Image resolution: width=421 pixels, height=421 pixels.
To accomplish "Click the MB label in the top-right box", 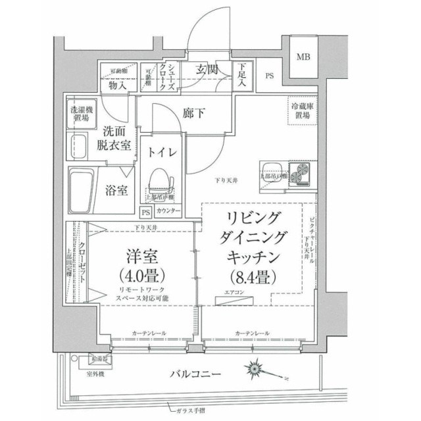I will [x=303, y=57].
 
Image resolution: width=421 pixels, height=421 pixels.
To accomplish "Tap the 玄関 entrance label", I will [x=207, y=70].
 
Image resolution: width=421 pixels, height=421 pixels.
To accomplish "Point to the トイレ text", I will [x=161, y=153].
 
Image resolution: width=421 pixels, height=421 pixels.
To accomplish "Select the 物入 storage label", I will [x=118, y=85].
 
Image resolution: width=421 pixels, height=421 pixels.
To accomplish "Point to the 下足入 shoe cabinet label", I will [x=243, y=75].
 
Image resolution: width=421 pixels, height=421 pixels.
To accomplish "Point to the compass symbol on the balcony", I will [x=255, y=368].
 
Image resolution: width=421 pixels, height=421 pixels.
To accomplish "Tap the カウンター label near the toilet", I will [x=169, y=211].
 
